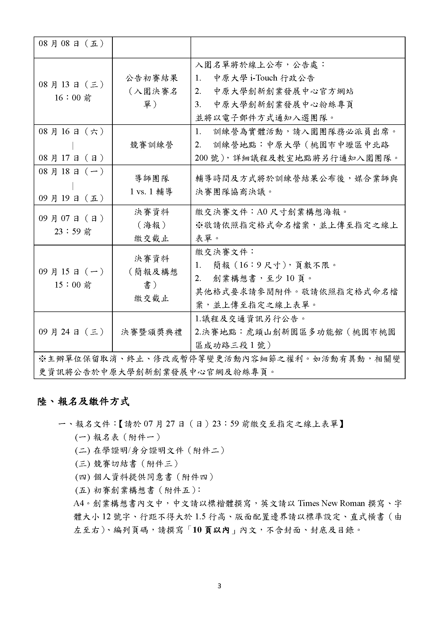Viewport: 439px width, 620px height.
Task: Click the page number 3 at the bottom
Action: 219,586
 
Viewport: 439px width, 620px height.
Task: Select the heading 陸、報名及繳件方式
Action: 83,402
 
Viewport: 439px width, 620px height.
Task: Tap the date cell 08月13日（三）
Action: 71,85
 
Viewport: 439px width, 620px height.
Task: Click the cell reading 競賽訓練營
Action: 151,145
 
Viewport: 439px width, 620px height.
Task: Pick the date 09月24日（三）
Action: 71,332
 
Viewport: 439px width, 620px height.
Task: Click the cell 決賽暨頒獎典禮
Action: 151,332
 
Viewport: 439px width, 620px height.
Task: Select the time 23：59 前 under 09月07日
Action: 73,232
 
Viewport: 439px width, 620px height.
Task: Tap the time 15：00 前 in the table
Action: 73,285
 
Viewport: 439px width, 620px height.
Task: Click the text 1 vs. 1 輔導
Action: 151,191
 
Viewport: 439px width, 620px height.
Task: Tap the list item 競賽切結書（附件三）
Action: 127,464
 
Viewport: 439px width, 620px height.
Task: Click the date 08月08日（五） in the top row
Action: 71,43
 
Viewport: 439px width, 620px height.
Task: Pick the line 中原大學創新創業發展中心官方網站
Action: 283,91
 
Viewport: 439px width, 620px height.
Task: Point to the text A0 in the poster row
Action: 262,212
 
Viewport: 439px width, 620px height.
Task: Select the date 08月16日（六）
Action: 71,132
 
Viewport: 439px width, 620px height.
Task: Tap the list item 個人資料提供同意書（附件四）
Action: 145,477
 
